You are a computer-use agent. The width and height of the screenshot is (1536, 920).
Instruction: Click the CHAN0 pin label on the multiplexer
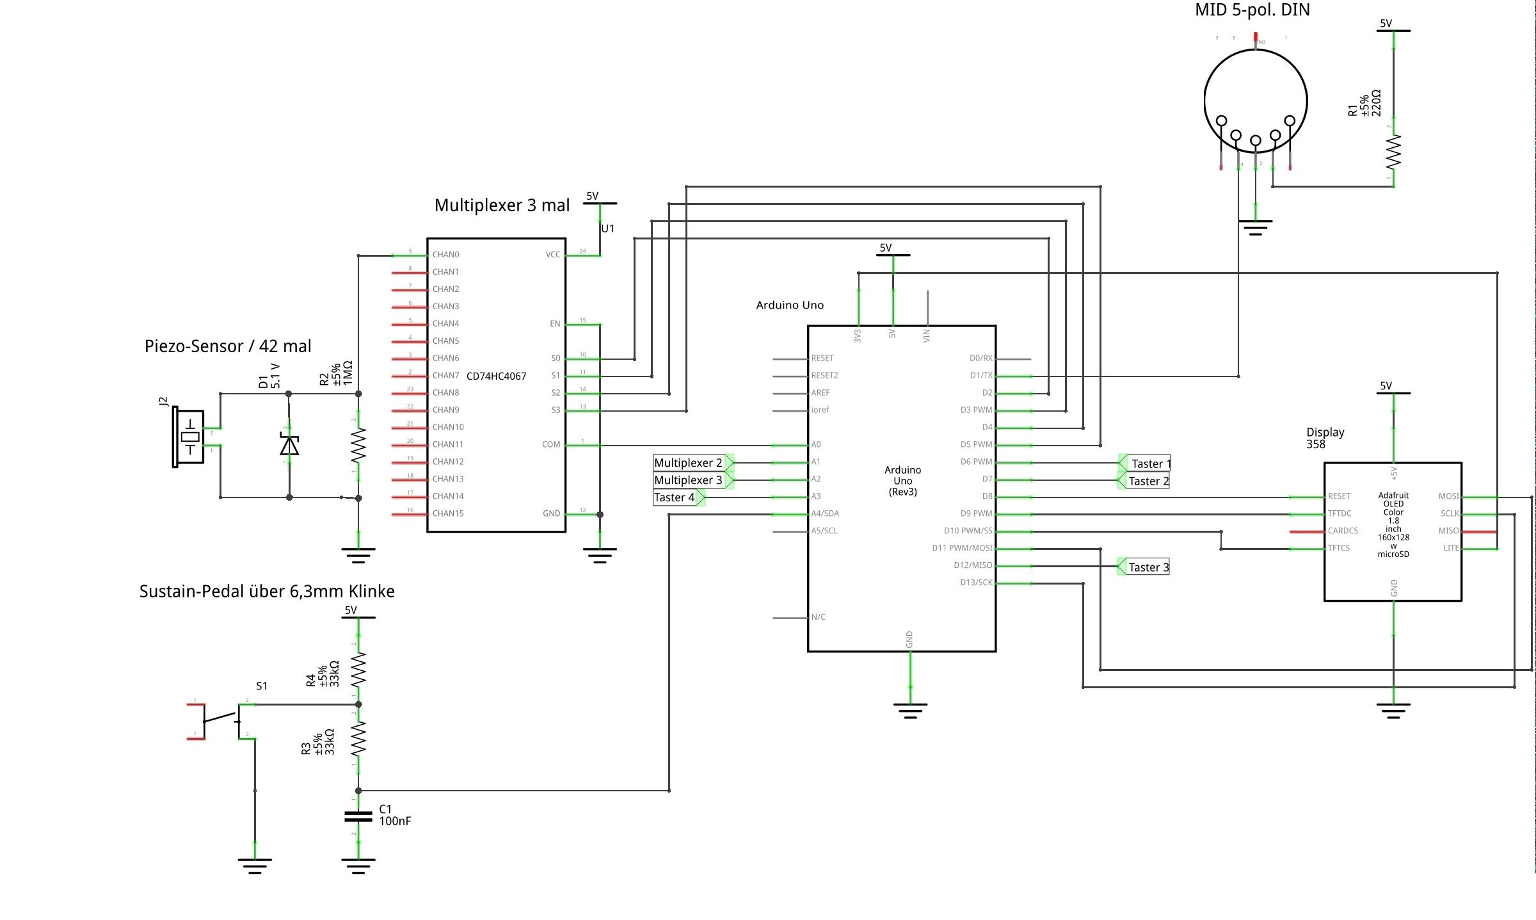(x=445, y=255)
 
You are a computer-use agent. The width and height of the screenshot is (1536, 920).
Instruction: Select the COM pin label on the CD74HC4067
(x=550, y=444)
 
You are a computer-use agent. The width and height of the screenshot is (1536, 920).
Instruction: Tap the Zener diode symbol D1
(x=289, y=444)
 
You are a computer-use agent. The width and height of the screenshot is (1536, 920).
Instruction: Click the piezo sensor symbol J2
(x=189, y=438)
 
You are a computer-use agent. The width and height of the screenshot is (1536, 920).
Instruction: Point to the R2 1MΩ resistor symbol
(x=358, y=445)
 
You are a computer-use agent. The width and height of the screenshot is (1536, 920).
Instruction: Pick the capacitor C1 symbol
(x=358, y=816)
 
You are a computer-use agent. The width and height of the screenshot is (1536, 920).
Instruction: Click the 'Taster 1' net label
(x=1150, y=464)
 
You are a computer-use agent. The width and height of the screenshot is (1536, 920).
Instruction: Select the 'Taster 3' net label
(x=1148, y=567)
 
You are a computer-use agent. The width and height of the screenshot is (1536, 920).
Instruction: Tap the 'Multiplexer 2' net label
(x=688, y=463)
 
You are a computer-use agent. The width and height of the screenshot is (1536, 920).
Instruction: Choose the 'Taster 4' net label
(x=674, y=497)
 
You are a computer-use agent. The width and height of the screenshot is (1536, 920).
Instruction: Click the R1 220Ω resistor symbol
(x=1393, y=152)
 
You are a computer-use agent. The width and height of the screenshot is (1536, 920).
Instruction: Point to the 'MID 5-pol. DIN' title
(x=1252, y=10)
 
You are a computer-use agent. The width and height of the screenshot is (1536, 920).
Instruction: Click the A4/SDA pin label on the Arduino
(x=825, y=513)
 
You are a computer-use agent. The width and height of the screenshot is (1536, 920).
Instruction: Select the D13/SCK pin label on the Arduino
(x=976, y=583)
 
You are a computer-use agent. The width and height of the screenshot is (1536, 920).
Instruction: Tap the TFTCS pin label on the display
(x=1339, y=548)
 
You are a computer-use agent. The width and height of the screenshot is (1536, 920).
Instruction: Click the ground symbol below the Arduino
(x=910, y=710)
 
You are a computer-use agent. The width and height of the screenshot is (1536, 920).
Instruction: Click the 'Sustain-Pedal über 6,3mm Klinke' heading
(x=267, y=592)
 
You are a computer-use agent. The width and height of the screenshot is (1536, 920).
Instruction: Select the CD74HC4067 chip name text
(x=496, y=376)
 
